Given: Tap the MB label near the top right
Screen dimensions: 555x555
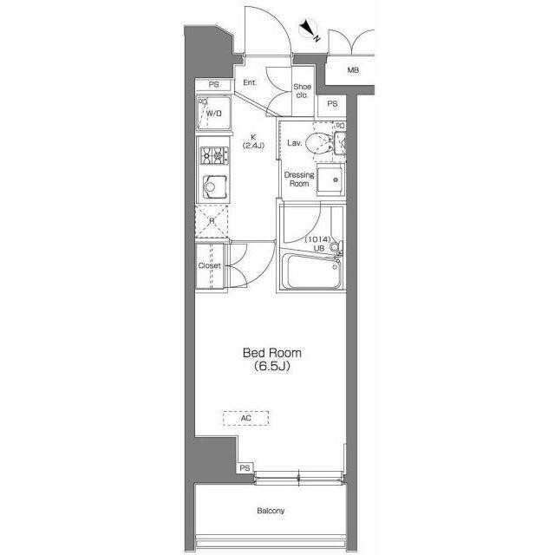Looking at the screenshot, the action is point(353,70).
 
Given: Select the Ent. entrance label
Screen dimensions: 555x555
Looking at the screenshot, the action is point(250,82).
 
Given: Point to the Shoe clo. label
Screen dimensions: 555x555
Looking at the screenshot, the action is point(303,90).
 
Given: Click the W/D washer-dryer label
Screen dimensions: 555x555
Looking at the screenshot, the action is point(214,114).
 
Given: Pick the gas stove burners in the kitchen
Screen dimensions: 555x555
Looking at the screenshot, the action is point(214,155).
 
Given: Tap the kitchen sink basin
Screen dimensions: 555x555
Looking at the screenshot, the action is point(214,186).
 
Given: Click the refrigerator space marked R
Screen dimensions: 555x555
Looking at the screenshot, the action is point(212,221).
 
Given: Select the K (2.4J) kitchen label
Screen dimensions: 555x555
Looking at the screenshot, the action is point(253,140).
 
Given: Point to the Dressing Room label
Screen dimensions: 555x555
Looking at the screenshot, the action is point(299,180).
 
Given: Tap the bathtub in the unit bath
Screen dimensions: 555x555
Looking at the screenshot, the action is point(314,271).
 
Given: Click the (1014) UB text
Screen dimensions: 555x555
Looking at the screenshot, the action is point(318,244).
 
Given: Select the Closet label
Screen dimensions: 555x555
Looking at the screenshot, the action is point(210,265).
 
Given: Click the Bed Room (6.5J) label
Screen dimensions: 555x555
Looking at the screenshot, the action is point(271,359).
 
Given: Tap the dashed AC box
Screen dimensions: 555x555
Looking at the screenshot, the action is point(246,418).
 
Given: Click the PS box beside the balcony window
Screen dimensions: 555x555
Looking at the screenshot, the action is point(245,468).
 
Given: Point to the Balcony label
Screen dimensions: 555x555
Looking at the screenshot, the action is point(271,511).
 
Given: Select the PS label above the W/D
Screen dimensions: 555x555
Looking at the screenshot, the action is point(213,85).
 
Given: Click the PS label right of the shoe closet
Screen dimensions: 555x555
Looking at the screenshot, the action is point(332,104).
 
